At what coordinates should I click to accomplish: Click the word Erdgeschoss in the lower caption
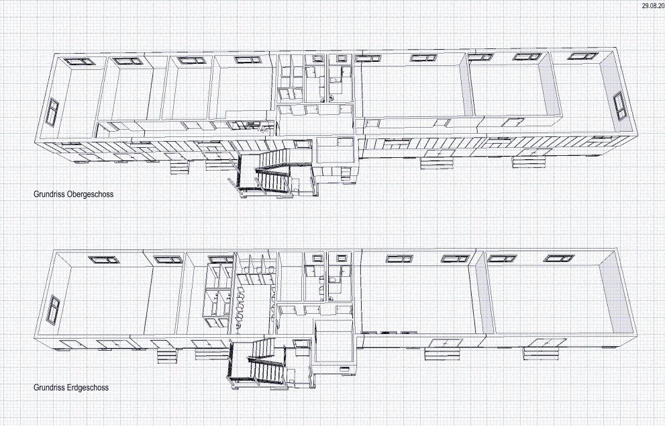(x=88, y=387)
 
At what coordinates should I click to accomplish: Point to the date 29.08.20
(x=653, y=5)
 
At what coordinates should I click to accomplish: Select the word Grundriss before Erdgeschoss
(x=50, y=387)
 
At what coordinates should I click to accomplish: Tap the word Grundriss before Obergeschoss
(x=50, y=194)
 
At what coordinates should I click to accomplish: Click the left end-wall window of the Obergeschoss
(x=52, y=112)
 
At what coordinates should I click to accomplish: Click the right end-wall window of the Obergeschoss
(x=619, y=105)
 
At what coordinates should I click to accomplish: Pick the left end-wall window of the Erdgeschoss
(x=54, y=309)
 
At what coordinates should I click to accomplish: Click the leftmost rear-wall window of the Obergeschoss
(x=79, y=61)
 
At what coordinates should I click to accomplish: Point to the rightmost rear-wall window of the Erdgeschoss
(x=559, y=258)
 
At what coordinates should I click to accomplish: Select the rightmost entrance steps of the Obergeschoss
(x=529, y=162)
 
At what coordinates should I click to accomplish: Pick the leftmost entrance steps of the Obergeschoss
(x=178, y=167)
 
